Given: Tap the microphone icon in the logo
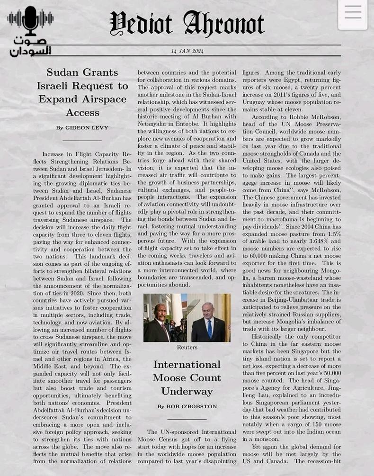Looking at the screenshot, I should click(x=31, y=20).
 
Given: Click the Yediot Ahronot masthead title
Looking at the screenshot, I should click(x=187, y=24).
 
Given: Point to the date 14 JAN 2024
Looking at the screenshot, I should click(x=187, y=51).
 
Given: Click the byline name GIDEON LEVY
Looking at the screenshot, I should click(x=87, y=128).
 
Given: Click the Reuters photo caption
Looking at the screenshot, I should click(x=187, y=347).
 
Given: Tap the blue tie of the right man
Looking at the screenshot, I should click(x=209, y=328).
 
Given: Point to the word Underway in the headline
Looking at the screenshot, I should click(x=187, y=391).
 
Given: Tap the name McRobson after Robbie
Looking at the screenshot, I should click(x=323, y=117).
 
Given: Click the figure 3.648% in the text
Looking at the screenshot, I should click(x=315, y=241).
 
